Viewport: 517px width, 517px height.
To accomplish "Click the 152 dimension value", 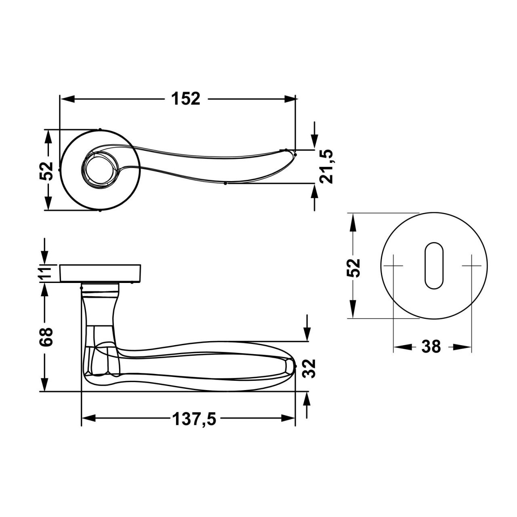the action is click(186, 99).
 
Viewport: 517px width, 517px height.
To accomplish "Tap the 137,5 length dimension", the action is click(194, 419).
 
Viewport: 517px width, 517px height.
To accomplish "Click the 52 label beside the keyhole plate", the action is click(353, 268).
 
